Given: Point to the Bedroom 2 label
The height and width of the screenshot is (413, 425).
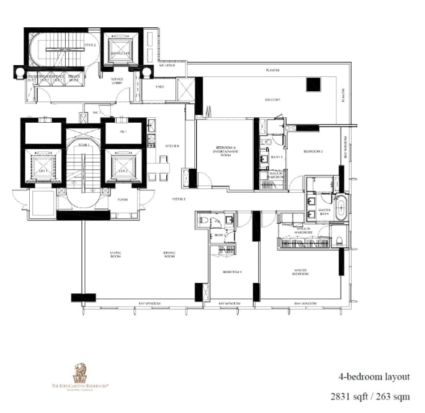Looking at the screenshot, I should coord(313,151).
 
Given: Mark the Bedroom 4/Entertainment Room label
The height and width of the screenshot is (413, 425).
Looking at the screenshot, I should coord(225,152).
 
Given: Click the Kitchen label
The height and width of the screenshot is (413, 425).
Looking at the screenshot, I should coord(172,146).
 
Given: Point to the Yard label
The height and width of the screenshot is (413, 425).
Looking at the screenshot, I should coord(160,87).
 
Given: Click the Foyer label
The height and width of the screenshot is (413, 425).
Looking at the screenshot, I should coord(122,200).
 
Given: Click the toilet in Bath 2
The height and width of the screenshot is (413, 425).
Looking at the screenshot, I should coord(203,220).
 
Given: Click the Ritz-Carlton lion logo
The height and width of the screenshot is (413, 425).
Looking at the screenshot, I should coord(80,373).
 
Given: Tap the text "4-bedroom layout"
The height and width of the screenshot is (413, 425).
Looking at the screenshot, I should coord(374,376).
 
